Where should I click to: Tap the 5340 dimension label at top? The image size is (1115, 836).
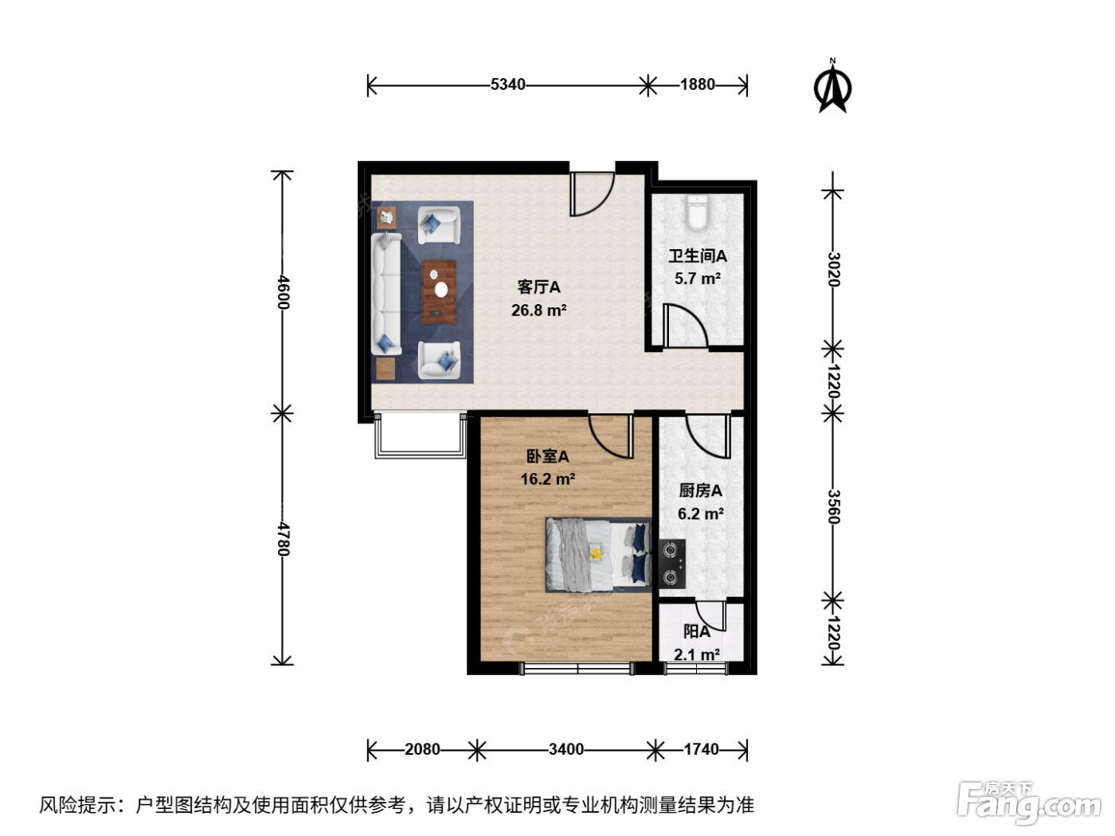507,84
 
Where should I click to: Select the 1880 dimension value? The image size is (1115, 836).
698,84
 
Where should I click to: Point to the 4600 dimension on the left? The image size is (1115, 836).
283,292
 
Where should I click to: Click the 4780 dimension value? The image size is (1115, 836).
283,539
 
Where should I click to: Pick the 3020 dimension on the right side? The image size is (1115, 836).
833,270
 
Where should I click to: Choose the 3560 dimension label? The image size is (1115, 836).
833,506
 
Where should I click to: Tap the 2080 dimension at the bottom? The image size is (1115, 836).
422,749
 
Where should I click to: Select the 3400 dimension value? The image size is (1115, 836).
566,749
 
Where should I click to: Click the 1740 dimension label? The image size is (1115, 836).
701,749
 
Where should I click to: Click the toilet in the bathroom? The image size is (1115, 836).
697,213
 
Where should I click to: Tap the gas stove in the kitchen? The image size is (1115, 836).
671,564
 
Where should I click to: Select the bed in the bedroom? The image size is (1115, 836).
598,555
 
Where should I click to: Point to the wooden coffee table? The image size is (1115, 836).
438,292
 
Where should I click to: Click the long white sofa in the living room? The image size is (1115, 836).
386,293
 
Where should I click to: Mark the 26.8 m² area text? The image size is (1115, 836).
539,311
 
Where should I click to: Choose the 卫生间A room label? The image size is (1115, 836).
698,256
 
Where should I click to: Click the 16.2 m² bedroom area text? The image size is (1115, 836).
548,479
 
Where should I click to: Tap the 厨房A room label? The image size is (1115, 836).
701,490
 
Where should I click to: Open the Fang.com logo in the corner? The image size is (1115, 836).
1029,803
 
